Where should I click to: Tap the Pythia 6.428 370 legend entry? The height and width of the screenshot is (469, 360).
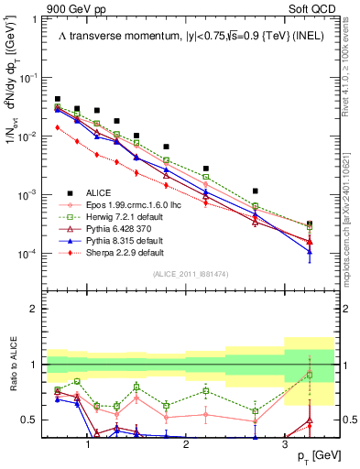point(113,228)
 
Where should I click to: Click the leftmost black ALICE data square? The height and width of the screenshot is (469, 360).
point(58,99)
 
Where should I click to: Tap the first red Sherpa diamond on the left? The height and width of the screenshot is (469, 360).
point(58,128)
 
